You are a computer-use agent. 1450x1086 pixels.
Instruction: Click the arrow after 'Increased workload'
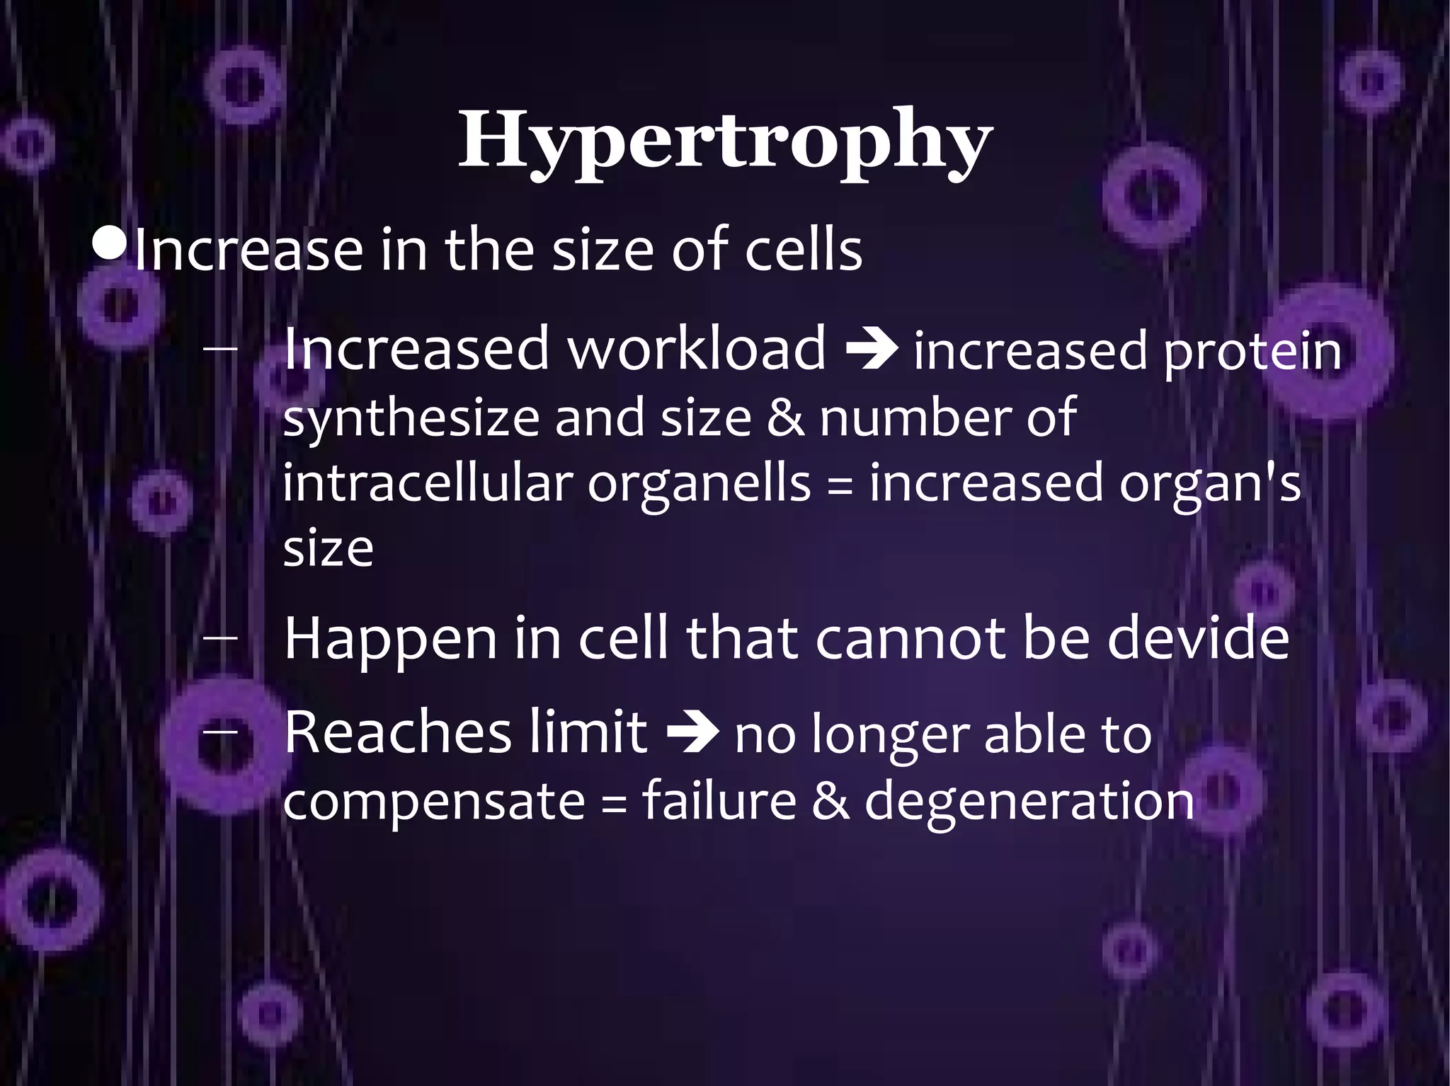coord(874,350)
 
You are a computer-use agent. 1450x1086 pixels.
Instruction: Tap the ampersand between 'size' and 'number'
coord(785,417)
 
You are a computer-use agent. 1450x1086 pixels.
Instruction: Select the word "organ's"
coord(1210,484)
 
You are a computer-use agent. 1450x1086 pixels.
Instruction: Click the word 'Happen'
coord(390,640)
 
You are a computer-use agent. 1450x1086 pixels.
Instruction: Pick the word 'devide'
coord(1197,638)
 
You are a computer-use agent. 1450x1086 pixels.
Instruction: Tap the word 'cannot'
coord(913,638)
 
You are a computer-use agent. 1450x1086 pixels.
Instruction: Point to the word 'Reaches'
coord(396,733)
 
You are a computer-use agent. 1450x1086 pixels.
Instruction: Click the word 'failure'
coord(719,801)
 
